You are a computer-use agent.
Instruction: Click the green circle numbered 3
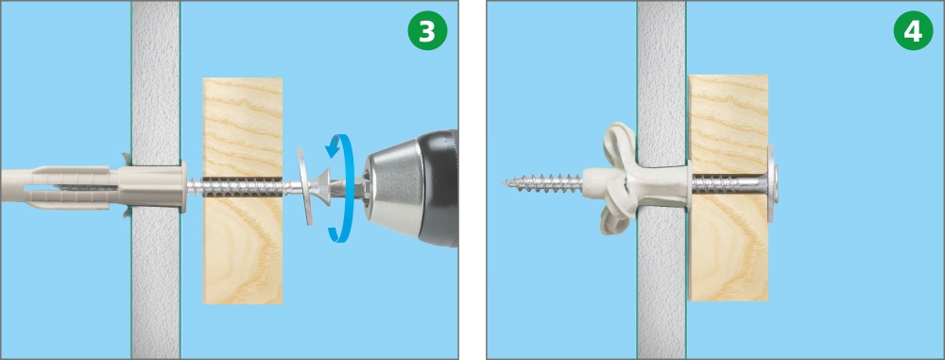(x=427, y=30)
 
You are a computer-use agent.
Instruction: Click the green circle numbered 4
(x=913, y=30)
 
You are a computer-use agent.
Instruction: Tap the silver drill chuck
(x=396, y=187)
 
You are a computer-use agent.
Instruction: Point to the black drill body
(x=439, y=187)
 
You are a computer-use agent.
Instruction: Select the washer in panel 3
(x=306, y=186)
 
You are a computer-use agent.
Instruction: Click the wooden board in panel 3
(x=242, y=191)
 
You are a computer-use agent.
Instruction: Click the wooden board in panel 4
(x=728, y=187)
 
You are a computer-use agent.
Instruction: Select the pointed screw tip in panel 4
(x=507, y=181)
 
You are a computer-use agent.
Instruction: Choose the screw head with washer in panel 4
(x=773, y=182)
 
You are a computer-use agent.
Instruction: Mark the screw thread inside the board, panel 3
(x=242, y=187)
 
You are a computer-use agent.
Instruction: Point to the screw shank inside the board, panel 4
(x=728, y=182)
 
